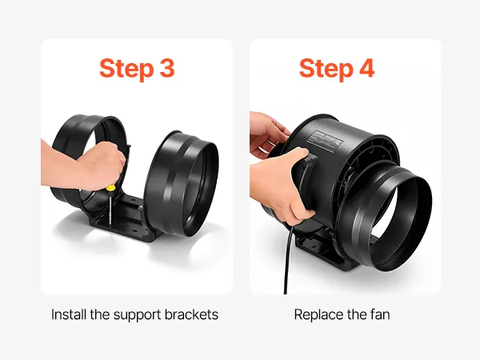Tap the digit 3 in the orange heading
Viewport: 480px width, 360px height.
tap(167, 68)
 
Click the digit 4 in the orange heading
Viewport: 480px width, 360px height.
tap(366, 68)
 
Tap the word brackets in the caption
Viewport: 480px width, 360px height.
tap(191, 314)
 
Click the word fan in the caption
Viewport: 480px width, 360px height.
tap(380, 314)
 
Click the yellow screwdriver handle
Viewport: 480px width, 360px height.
tap(110, 188)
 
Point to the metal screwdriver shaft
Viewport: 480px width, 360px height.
tap(110, 208)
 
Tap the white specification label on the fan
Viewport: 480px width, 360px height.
tap(326, 139)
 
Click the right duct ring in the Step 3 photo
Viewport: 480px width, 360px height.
tap(182, 184)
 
